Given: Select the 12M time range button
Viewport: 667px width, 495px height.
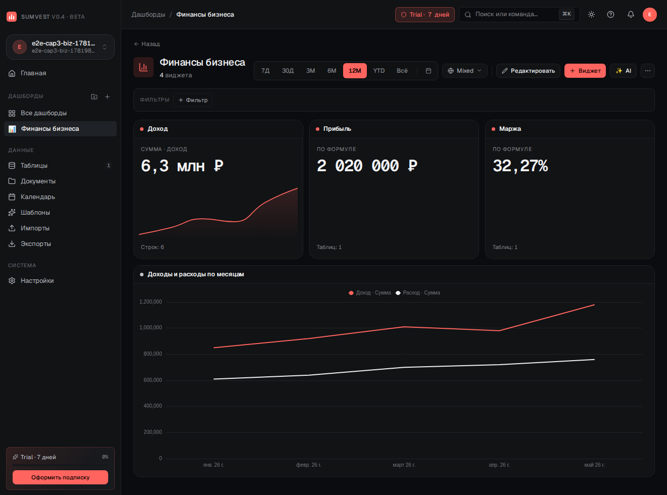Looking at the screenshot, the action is (355, 71).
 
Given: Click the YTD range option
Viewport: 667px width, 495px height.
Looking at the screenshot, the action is (378, 71).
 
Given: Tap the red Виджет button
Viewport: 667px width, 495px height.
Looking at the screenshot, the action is (585, 71).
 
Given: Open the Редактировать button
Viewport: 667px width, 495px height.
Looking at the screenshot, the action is (528, 71).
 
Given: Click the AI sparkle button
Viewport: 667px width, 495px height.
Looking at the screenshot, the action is (623, 71).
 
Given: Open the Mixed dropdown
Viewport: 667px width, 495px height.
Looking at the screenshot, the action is (464, 71).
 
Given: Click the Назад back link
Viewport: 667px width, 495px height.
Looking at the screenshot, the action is (147, 44).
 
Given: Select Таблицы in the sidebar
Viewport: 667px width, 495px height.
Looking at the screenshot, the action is (34, 165).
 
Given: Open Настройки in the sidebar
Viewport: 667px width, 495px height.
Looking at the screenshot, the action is (37, 280).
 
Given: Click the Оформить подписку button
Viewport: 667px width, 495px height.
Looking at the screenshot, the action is (60, 477).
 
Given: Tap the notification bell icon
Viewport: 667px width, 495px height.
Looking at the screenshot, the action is (631, 15).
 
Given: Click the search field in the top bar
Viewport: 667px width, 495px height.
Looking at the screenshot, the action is (519, 15).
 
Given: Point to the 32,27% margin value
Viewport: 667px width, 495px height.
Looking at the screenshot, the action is (520, 166).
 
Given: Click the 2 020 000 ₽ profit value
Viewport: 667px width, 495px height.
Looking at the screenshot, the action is (367, 166).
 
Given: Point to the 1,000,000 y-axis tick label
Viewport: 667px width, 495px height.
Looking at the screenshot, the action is (151, 327).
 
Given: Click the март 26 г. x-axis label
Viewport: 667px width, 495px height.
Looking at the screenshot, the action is (404, 465).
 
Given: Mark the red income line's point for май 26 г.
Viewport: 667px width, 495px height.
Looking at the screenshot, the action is (594, 305).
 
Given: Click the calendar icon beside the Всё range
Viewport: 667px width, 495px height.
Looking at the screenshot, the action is (428, 71).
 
